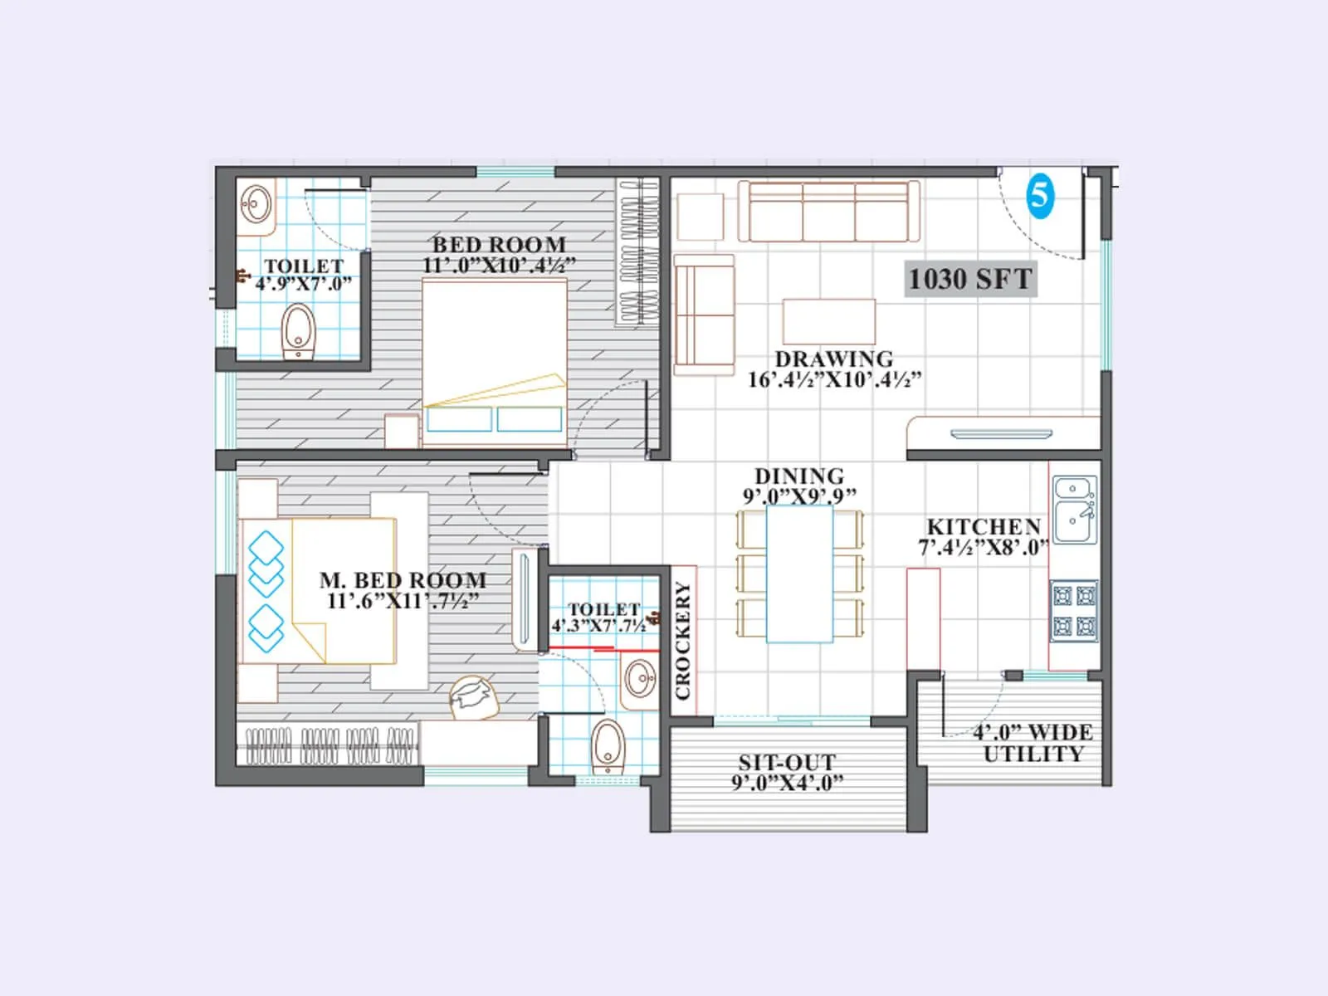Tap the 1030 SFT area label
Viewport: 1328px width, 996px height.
click(970, 279)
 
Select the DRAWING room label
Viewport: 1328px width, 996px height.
click(833, 359)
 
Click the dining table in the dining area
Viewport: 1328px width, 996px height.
click(799, 574)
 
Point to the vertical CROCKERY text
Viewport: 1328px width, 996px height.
click(683, 641)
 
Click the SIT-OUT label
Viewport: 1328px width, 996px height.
click(787, 762)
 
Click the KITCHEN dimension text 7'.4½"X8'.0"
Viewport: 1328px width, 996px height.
click(983, 548)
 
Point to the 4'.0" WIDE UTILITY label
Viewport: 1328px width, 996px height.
click(1033, 743)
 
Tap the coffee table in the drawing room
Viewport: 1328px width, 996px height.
click(828, 321)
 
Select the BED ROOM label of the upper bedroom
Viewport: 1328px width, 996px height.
click(499, 245)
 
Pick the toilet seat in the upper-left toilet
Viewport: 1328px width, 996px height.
click(298, 331)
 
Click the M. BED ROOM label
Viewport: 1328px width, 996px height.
click(403, 580)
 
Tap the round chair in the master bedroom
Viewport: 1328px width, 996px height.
click(474, 696)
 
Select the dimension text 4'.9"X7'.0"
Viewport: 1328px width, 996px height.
click(303, 284)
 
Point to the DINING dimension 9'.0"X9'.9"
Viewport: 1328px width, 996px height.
click(799, 496)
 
